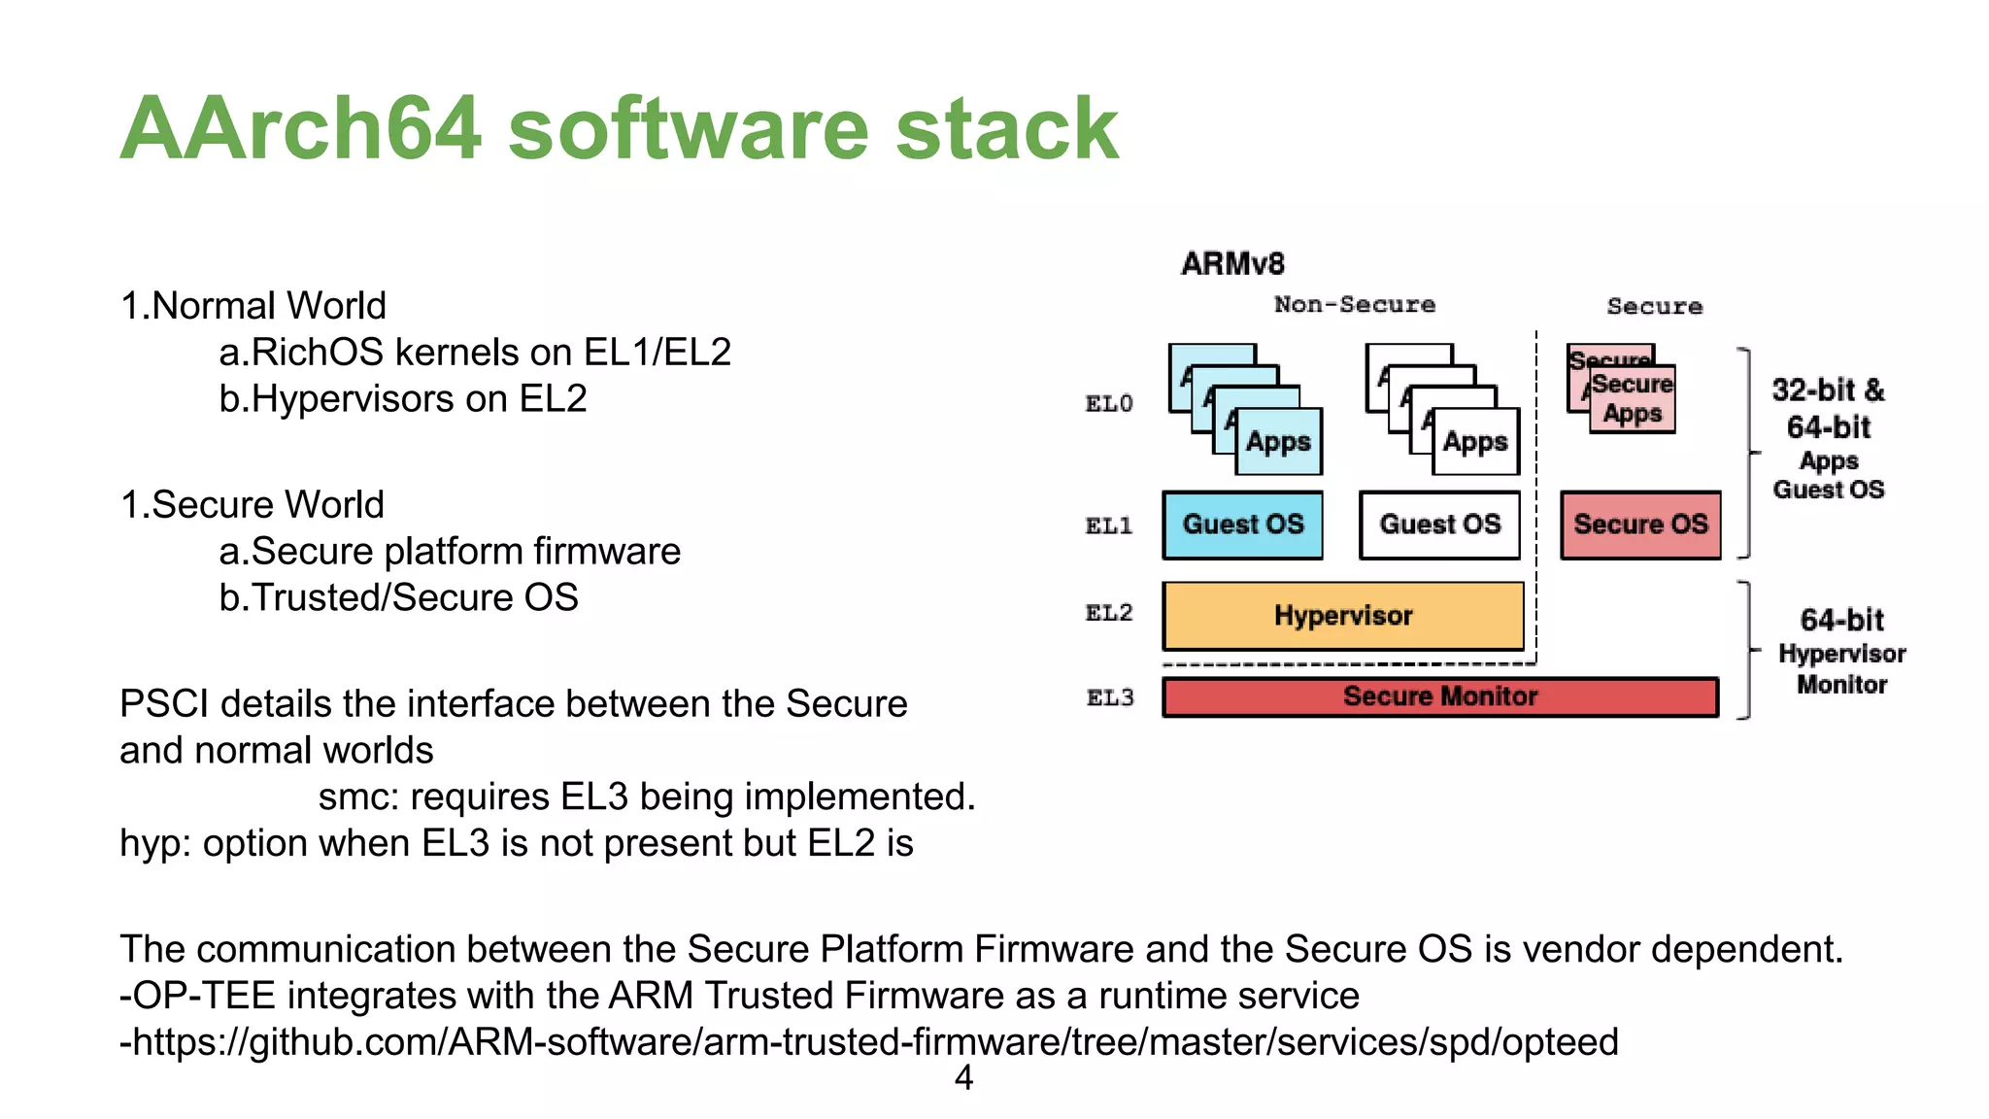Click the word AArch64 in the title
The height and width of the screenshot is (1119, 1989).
[301, 128]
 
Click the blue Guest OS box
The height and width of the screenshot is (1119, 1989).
[1242, 525]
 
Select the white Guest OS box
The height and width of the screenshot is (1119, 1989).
[1439, 525]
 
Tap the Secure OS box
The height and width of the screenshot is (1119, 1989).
[1640, 525]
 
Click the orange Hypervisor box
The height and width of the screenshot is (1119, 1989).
[1343, 616]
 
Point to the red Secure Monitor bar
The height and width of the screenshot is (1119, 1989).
[1440, 696]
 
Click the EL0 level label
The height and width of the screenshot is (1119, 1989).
[1109, 404]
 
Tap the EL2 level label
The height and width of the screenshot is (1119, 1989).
[1109, 613]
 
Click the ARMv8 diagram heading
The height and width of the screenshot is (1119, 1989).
[1232, 263]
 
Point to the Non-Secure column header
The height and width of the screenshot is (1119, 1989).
[1354, 305]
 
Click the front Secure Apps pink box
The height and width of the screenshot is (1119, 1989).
[1633, 399]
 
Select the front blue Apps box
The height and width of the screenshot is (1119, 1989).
[1278, 442]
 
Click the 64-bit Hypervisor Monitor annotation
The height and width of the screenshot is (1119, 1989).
[1841, 652]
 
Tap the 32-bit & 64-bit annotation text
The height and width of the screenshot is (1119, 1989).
[1828, 409]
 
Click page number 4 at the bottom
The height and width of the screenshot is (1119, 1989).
[963, 1077]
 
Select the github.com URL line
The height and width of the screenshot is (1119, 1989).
[869, 1042]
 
